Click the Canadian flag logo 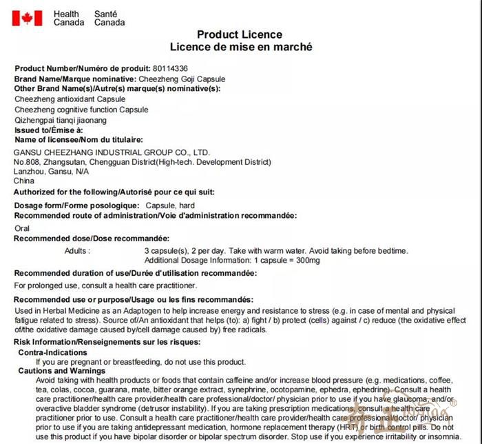coord(27,18)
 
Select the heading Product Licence coord(240,34)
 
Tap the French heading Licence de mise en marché coord(241,47)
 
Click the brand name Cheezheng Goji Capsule coord(182,79)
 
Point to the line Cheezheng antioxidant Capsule coord(61,99)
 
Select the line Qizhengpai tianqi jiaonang coord(61,119)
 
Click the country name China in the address coord(24,181)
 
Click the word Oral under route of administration coord(22,228)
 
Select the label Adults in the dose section coord(76,250)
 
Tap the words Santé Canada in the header coord(109,18)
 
